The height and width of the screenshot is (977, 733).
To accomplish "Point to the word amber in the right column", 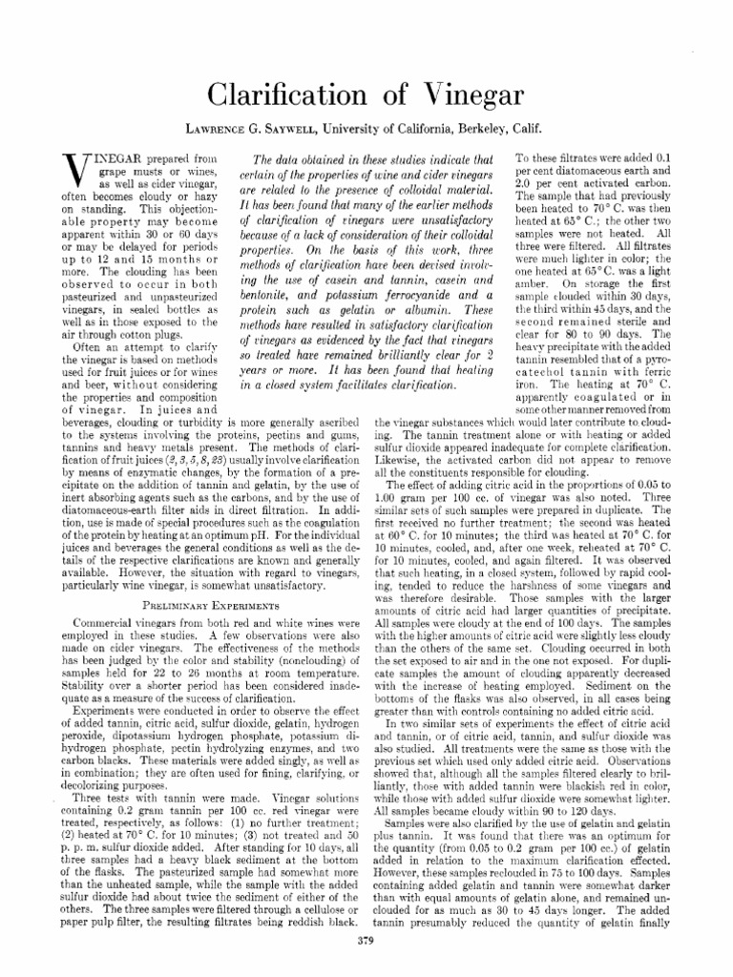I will tap(535, 283).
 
